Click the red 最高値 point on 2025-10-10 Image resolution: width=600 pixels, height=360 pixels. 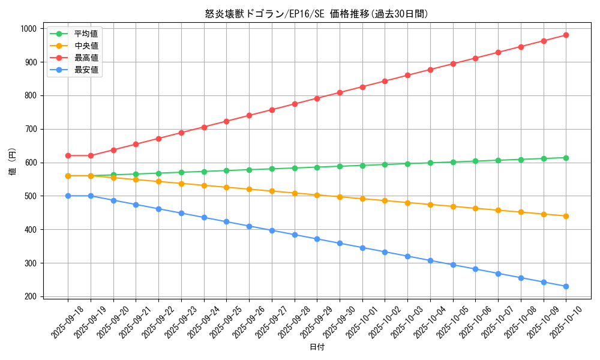pos(566,35)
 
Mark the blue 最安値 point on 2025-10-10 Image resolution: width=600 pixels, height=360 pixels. pos(566,286)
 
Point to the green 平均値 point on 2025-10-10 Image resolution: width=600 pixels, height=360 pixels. pos(566,158)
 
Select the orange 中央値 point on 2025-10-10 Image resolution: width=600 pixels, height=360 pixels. pos(566,216)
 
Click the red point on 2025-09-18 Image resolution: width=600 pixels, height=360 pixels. pos(68,155)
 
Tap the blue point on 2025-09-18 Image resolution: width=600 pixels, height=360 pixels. pos(68,196)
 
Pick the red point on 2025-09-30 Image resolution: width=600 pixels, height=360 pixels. pos(340,92)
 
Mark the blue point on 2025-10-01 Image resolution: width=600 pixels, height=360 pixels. pos(362,248)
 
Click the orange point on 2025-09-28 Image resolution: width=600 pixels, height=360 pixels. pos(295,193)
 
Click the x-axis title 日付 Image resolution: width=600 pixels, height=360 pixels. pos(317,347)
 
